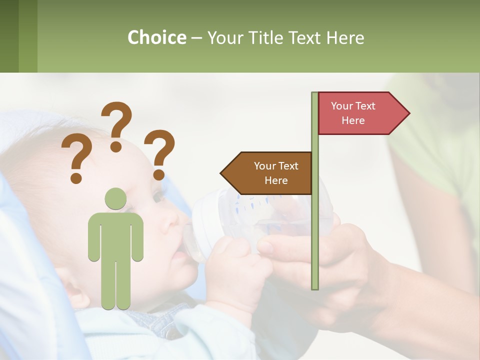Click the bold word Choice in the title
coord(156,37)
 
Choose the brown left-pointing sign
coord(267,173)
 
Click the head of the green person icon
coord(115,198)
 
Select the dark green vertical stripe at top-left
coord(9,36)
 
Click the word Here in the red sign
coord(353,120)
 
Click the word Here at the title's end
coord(345,37)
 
